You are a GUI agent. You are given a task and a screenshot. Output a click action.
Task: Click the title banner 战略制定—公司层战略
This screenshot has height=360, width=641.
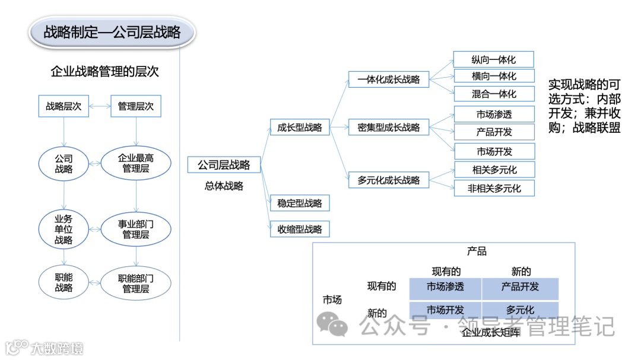(112, 32)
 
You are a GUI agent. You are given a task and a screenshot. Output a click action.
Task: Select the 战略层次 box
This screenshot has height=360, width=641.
(64, 107)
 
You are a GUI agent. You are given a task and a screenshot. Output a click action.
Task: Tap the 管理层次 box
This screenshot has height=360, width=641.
(135, 107)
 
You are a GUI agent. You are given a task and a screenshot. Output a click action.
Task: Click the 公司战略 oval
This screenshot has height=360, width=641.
(64, 164)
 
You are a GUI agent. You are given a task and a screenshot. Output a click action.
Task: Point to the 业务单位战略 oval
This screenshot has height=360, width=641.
(64, 228)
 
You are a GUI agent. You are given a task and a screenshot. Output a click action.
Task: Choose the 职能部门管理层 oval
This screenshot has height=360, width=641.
(136, 283)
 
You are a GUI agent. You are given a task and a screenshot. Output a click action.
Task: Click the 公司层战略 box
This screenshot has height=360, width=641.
(224, 165)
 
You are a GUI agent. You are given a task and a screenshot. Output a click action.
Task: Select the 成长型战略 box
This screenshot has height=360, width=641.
(300, 127)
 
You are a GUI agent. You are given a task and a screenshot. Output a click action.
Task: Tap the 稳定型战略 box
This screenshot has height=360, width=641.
(300, 203)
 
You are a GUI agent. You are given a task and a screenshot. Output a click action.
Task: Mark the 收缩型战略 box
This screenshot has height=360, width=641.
(300, 229)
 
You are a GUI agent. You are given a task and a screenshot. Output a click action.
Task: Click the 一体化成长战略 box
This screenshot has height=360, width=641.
(389, 79)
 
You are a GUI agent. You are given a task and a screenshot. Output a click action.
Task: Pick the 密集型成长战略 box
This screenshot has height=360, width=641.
(389, 127)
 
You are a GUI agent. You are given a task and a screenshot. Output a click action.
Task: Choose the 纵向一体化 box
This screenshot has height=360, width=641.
(494, 59)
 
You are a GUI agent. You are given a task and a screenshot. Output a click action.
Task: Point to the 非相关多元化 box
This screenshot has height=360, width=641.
(494, 188)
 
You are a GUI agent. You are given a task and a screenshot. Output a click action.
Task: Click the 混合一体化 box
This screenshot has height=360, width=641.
(494, 94)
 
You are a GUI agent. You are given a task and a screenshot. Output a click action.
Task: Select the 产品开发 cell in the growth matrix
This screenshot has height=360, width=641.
(520, 287)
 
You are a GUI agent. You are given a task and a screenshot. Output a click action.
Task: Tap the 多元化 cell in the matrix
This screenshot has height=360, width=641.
(520, 310)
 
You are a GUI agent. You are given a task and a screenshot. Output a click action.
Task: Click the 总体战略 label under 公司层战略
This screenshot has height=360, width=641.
(224, 186)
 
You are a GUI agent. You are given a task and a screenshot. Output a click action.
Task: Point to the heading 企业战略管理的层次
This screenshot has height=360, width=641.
(105, 72)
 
